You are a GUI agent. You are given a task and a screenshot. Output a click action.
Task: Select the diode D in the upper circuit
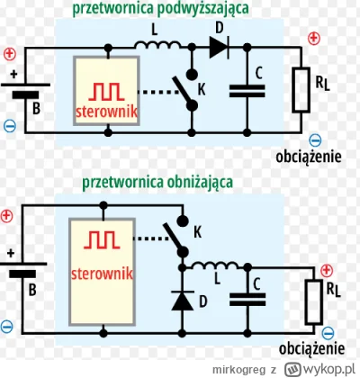click(x=219, y=47)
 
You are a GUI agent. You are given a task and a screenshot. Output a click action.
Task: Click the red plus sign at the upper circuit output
click(x=315, y=39)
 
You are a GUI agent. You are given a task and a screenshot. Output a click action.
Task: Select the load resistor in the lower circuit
click(x=315, y=299)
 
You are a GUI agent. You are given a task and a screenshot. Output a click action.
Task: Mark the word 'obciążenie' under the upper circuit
click(x=308, y=156)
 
